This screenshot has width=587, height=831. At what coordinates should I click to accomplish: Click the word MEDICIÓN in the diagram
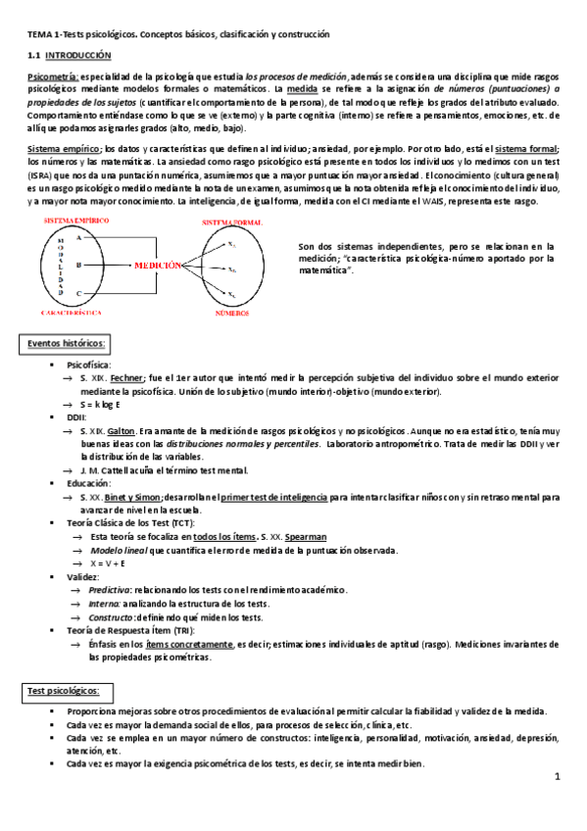(x=157, y=265)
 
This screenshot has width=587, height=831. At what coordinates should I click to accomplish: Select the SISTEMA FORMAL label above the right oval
(x=231, y=223)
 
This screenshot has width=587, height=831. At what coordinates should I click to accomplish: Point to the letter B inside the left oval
(x=77, y=265)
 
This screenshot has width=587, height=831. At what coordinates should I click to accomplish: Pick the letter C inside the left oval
(x=77, y=293)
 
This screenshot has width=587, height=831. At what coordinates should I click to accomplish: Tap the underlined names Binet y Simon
(x=133, y=497)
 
